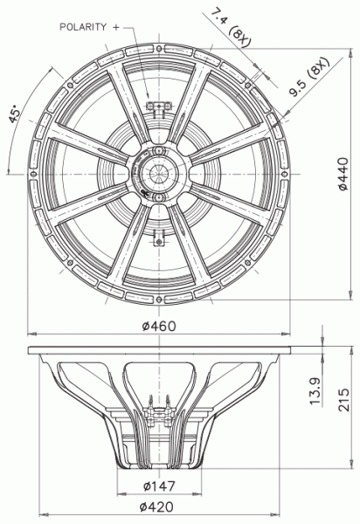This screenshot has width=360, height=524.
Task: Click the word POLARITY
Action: tap(88, 27)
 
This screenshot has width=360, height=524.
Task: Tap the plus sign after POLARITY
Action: tap(128, 27)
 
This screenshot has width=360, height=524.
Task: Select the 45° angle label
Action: tap(16, 117)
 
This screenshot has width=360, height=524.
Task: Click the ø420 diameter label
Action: tap(157, 507)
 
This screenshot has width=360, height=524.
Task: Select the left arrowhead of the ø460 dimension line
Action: tap(31, 334)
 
